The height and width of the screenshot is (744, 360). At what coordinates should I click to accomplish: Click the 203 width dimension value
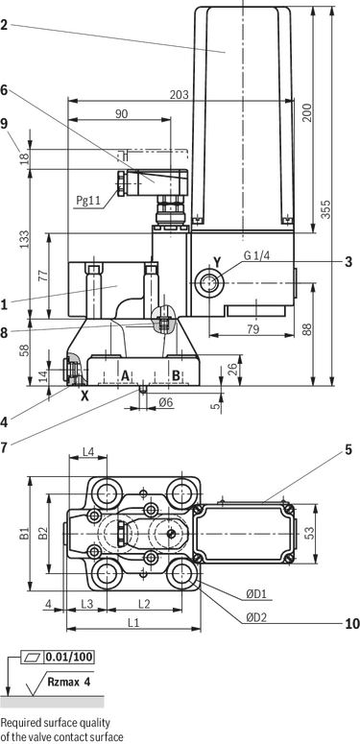pos(180,95)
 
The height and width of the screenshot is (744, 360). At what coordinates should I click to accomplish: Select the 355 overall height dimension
pos(325,209)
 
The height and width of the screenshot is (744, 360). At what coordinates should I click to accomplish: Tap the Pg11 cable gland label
pos(88,201)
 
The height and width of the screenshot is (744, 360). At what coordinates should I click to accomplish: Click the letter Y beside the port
pos(217,262)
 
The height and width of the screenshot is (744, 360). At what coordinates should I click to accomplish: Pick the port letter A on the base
pos(125,375)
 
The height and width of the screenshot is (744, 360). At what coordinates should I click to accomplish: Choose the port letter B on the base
pos(176,375)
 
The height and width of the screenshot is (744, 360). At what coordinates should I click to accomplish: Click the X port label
pos(84,396)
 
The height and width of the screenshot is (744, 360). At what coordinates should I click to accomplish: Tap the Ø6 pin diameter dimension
pos(166,402)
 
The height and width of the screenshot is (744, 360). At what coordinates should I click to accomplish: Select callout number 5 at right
pos(348,450)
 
